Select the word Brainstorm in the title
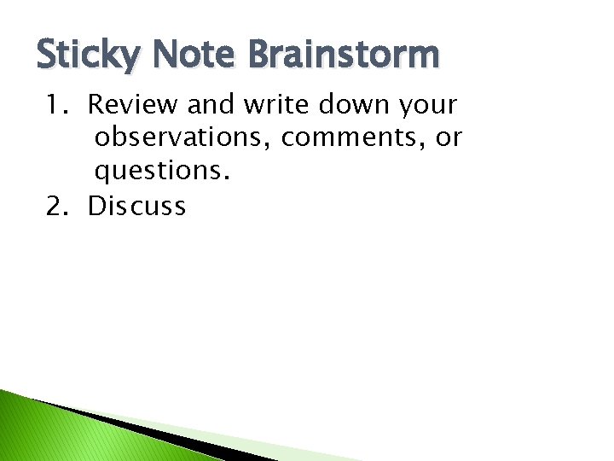coord(344,55)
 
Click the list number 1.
coord(55,106)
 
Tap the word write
coord(277,106)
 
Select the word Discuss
coord(137,207)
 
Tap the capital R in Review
coord(96,106)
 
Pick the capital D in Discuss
coord(96,207)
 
